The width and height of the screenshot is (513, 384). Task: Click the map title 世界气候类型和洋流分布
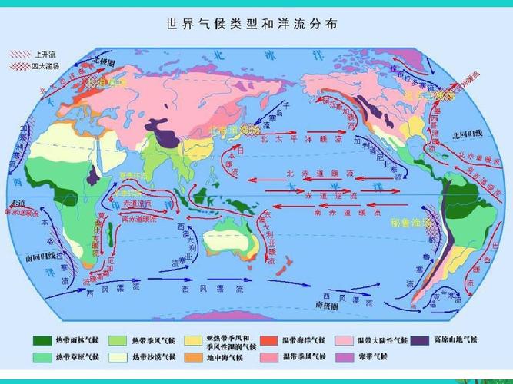[x=252, y=24]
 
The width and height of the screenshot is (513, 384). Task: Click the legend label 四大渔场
[x=45, y=66]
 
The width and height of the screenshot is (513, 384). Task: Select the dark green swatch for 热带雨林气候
[x=42, y=339]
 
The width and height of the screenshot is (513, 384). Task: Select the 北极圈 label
[x=103, y=59]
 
